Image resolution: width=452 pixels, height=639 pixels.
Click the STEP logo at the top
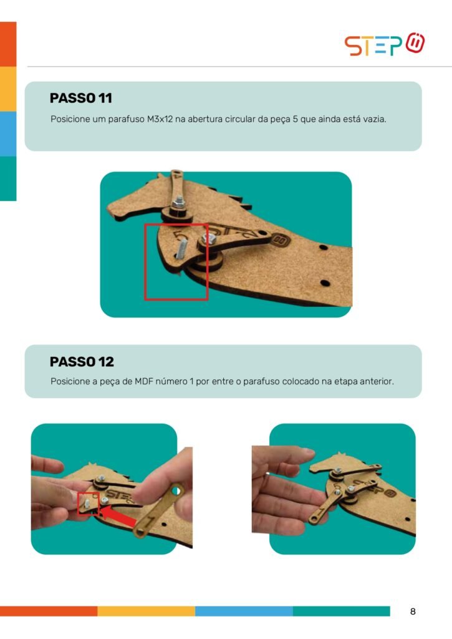pyautogui.click(x=385, y=44)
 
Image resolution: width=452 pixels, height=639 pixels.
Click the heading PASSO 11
pyautogui.click(x=80, y=98)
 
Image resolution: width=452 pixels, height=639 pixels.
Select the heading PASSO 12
pyautogui.click(x=82, y=361)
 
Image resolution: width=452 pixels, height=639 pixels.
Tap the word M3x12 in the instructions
pyautogui.click(x=160, y=119)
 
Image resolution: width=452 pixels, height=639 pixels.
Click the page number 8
pyautogui.click(x=413, y=612)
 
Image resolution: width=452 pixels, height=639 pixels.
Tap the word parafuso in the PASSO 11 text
pyautogui.click(x=126, y=119)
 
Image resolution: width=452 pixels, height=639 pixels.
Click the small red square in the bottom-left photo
pyautogui.click(x=89, y=503)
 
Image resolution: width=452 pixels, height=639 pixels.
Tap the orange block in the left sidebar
pyautogui.click(x=8, y=44)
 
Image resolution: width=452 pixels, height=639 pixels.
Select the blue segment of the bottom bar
pyautogui.click(x=244, y=612)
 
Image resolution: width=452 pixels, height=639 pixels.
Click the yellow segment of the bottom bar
pyautogui.click(x=146, y=612)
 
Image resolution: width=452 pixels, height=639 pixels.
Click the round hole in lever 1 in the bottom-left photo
pyautogui.click(x=176, y=492)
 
